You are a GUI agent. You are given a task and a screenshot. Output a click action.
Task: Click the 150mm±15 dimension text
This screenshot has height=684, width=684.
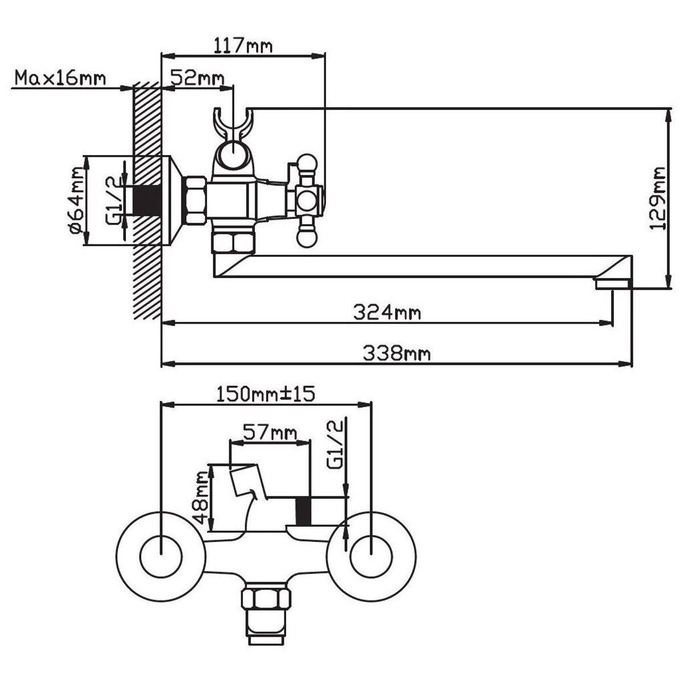[266, 393]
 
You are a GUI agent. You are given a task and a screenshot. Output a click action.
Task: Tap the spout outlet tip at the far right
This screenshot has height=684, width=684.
[612, 283]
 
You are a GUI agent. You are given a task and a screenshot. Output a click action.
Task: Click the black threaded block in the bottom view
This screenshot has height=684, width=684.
[304, 510]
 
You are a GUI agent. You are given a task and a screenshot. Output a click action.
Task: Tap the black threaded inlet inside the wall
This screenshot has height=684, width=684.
[148, 200]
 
